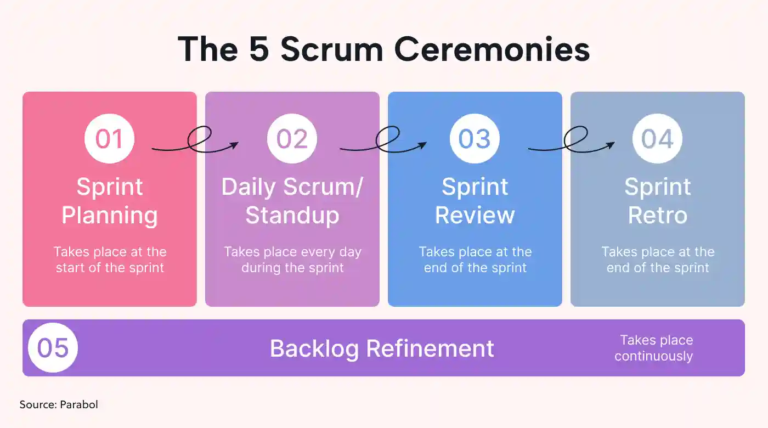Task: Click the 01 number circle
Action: [109, 138]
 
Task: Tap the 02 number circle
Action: [292, 138]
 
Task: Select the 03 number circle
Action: [475, 138]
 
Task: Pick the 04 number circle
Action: [658, 138]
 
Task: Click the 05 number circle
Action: [53, 348]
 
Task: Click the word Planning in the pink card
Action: [110, 216]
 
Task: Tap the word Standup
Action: [292, 216]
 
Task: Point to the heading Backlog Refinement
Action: [382, 349]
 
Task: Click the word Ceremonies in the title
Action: [492, 50]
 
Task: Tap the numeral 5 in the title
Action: [259, 49]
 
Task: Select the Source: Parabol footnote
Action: [59, 405]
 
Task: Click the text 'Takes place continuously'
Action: [654, 348]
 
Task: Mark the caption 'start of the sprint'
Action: [110, 268]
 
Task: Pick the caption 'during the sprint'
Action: [292, 268]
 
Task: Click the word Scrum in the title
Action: [331, 50]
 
